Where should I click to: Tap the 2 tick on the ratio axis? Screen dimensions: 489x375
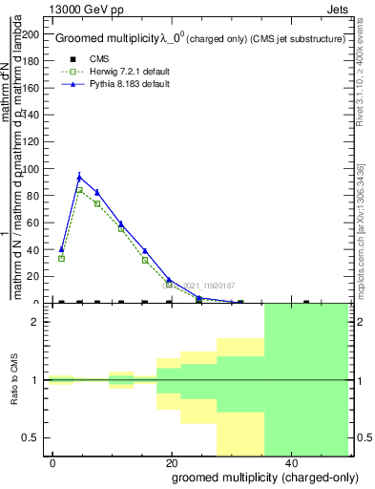click(x=40, y=322)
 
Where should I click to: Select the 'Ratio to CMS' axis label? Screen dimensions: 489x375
click(x=15, y=380)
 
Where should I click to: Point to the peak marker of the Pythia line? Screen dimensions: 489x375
click(x=79, y=176)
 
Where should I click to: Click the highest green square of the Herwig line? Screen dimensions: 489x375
click(x=79, y=189)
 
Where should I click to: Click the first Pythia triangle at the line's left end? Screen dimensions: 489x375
click(x=61, y=249)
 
